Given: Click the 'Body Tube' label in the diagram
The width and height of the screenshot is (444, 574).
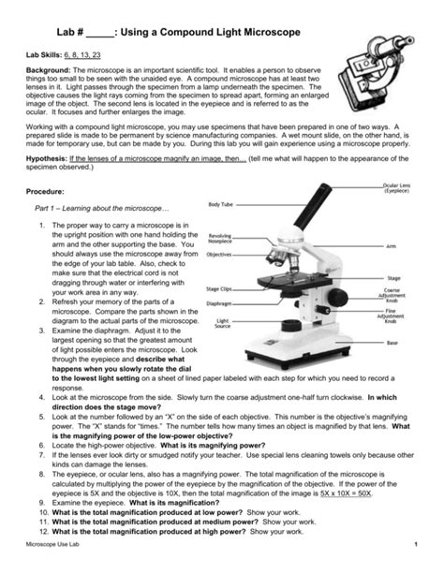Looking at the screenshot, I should click(221, 204).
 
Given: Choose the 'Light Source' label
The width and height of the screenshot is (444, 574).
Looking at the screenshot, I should click(221, 323).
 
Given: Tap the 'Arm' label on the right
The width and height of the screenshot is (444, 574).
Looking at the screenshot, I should click(416, 246).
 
